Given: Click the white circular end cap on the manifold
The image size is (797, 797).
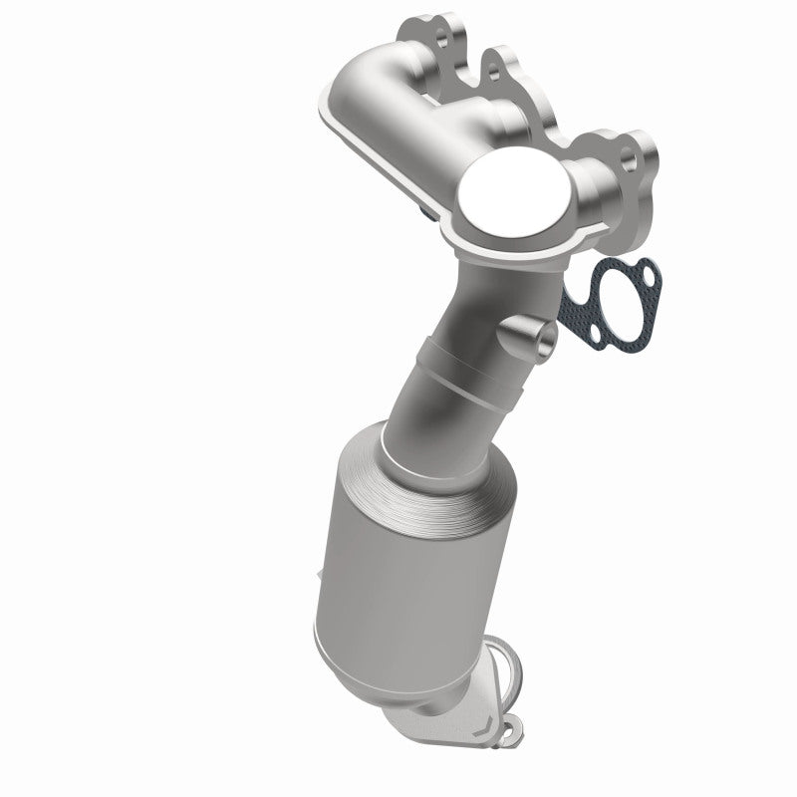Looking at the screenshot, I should tap(516, 195).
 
